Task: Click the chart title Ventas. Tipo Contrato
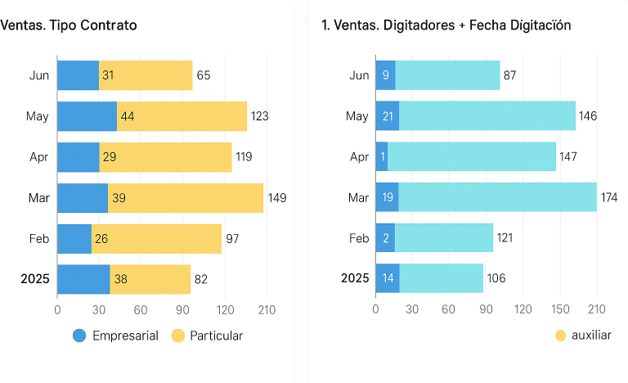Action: point(69,25)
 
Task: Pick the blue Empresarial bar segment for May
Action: point(87,116)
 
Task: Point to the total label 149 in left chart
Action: point(276,198)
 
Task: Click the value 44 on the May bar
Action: point(127,116)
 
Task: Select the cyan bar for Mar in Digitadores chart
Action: point(497,197)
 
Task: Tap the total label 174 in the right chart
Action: point(608,197)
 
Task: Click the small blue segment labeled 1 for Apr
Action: point(382,156)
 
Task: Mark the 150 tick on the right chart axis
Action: point(559,309)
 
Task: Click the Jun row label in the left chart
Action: point(39,75)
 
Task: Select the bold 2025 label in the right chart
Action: point(355,278)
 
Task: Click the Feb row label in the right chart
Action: point(359,238)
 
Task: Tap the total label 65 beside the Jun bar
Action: point(204,75)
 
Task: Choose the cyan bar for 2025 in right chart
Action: point(441,278)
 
